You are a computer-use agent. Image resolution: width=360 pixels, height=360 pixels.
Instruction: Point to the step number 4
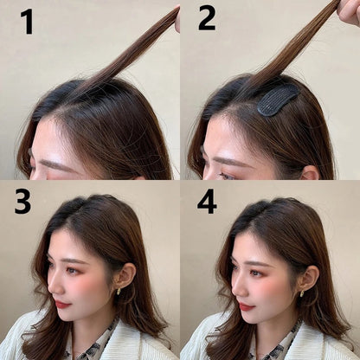[x=207, y=201]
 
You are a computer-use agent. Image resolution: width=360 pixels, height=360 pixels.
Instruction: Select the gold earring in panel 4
[x=302, y=292]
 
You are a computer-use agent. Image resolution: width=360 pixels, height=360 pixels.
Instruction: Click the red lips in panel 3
[x=62, y=304]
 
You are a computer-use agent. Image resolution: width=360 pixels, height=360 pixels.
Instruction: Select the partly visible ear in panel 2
[x=311, y=172]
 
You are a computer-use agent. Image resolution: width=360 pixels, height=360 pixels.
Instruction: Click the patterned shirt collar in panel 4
[x=279, y=344]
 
